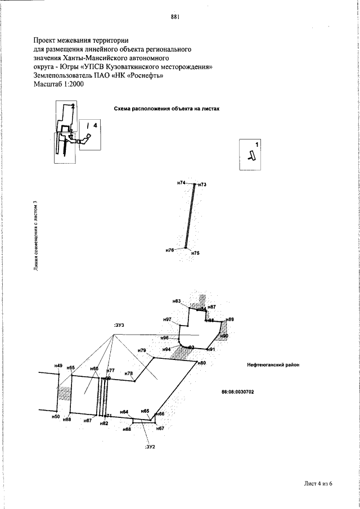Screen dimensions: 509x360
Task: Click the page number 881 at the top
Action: (174, 16)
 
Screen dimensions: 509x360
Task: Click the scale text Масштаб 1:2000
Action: (58, 84)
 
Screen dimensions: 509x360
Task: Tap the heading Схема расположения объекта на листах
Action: (166, 109)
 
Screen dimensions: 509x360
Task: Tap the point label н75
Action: (195, 254)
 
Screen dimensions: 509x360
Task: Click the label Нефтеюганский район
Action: (273, 364)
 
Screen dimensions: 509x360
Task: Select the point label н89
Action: (229, 319)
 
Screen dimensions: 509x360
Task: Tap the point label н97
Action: (167, 319)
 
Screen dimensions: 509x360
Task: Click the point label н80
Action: (202, 363)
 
